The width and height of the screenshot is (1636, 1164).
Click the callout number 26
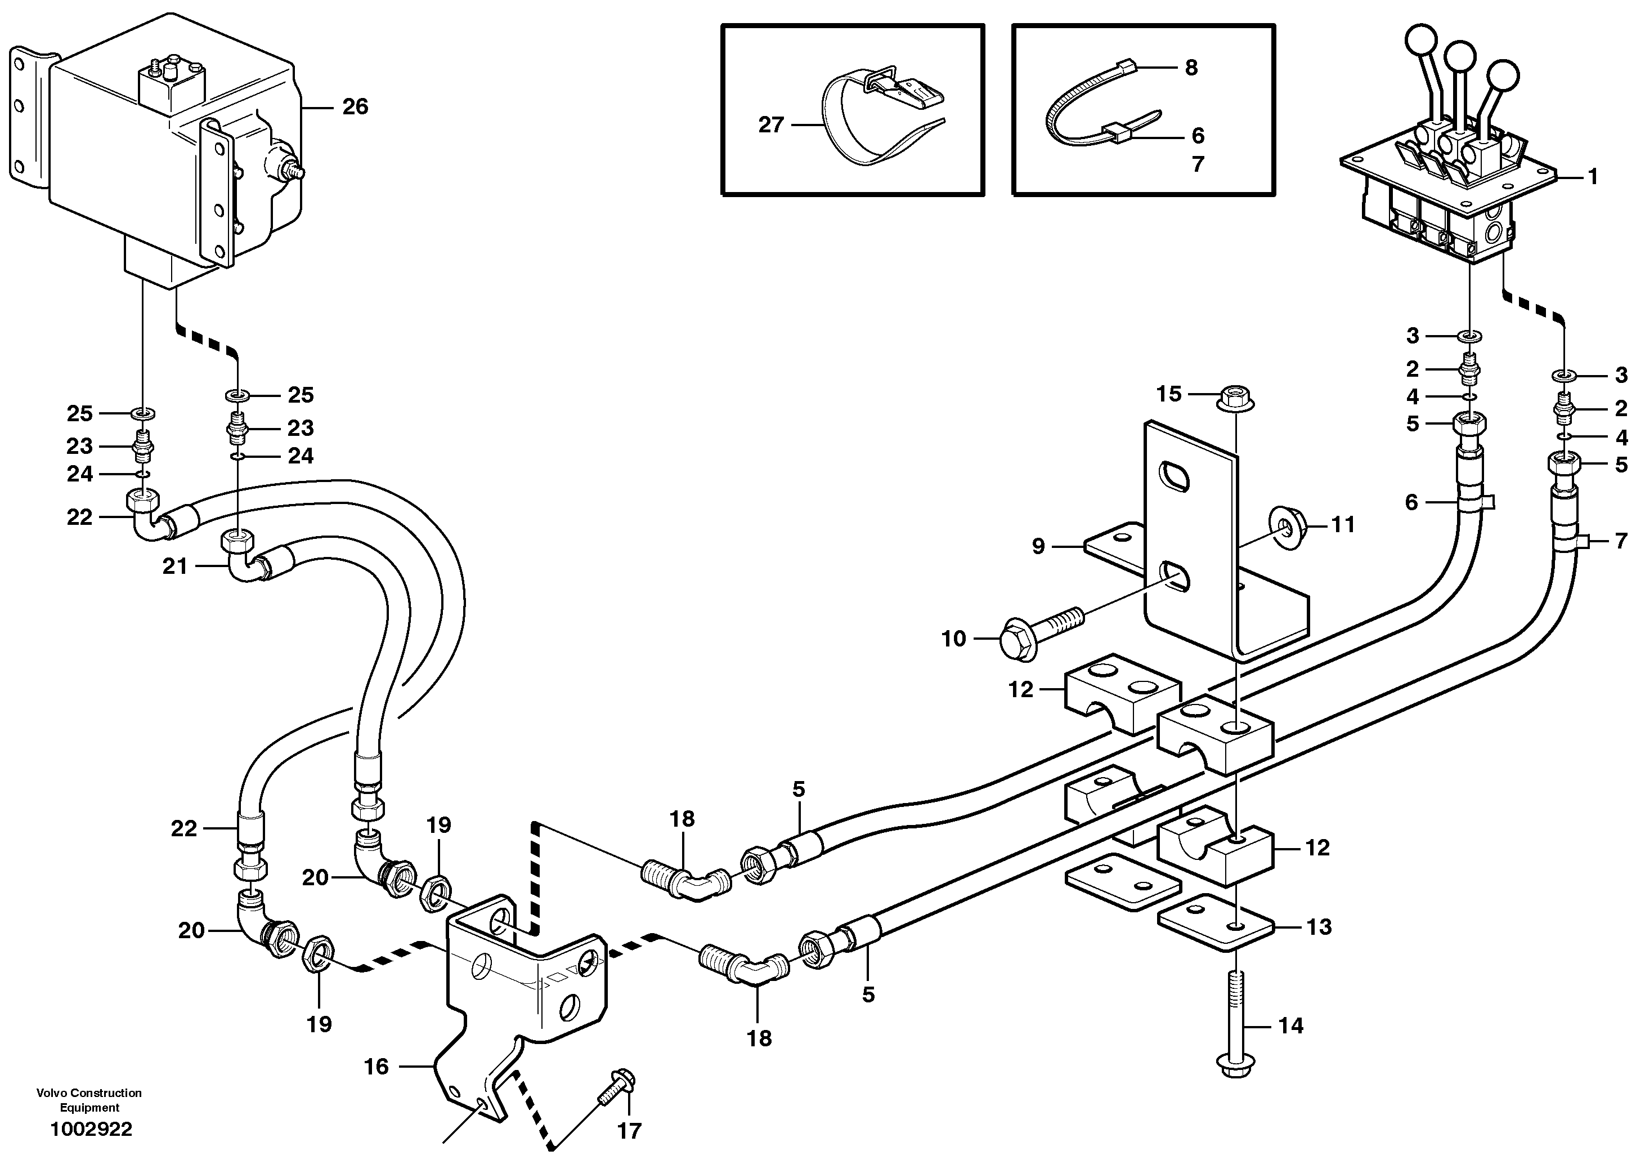(355, 107)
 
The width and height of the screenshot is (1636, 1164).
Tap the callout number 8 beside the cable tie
(1190, 68)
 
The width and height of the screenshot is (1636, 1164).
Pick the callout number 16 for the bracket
(376, 1067)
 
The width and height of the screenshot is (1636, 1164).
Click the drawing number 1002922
(91, 1130)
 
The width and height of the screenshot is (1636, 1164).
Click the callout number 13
(1319, 927)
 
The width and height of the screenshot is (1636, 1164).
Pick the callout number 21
(175, 567)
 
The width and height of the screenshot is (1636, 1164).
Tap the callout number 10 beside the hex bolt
(953, 639)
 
